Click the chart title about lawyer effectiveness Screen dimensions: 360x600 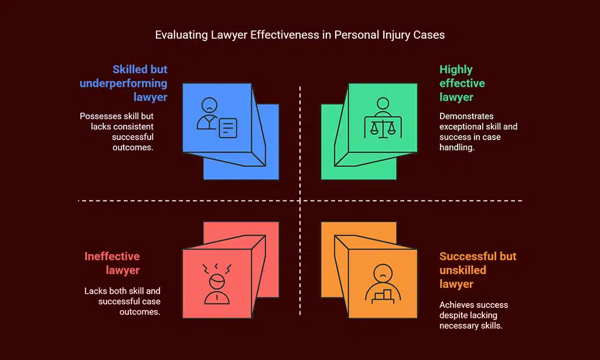point(299,35)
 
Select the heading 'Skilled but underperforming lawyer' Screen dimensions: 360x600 point(124,83)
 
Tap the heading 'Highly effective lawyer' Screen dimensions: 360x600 point(462,83)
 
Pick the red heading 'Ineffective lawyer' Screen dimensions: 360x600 point(112,263)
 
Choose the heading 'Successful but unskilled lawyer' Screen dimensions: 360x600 point(478,270)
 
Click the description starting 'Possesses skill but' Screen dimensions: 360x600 point(117,132)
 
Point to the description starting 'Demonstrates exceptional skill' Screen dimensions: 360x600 point(478,132)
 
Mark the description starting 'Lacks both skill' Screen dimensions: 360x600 point(122,301)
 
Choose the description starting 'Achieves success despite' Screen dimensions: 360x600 point(474,315)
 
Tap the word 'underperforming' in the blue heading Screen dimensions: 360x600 point(124,83)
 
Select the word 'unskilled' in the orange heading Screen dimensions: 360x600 point(463,270)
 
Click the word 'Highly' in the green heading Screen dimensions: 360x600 point(456,69)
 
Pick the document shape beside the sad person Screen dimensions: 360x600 point(227,127)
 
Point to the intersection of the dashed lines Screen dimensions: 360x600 point(300,201)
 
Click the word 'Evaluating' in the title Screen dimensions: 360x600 point(179,35)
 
